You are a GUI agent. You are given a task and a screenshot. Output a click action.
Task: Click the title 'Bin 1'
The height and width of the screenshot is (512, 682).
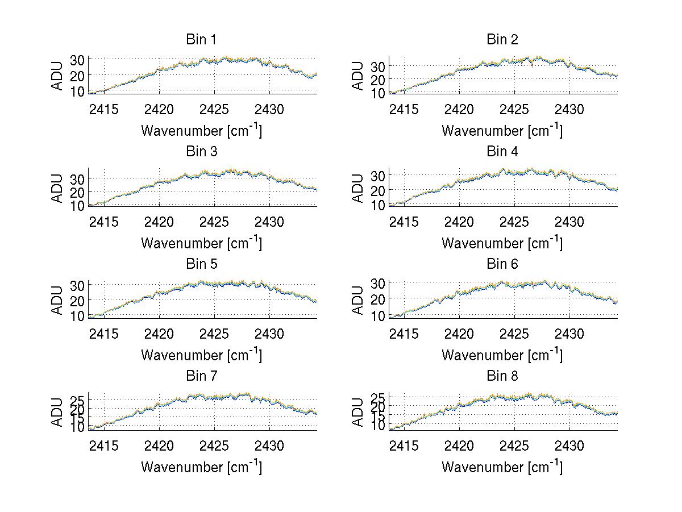(201, 40)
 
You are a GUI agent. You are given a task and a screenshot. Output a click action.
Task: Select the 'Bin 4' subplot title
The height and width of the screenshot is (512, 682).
(502, 152)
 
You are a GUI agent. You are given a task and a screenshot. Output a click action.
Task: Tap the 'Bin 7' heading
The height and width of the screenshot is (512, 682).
(201, 376)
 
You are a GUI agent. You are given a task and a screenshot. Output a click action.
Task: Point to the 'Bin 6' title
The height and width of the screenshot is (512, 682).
(502, 264)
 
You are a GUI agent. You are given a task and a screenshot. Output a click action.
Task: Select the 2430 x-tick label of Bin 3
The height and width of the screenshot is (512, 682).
(269, 221)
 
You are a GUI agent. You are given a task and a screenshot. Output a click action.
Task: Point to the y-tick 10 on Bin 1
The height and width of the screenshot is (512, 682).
(78, 91)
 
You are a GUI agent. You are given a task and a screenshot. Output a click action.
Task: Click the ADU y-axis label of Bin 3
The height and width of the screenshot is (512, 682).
(58, 188)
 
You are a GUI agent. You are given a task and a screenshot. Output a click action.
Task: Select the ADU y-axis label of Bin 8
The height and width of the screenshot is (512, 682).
(358, 413)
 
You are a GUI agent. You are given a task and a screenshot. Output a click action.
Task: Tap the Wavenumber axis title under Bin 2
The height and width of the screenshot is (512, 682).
(502, 131)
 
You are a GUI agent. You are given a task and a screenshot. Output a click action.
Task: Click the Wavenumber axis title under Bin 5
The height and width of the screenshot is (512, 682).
(201, 355)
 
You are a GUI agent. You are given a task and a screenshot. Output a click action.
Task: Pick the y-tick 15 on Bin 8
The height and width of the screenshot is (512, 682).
(379, 415)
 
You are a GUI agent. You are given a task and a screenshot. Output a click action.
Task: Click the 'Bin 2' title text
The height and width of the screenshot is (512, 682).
(502, 40)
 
